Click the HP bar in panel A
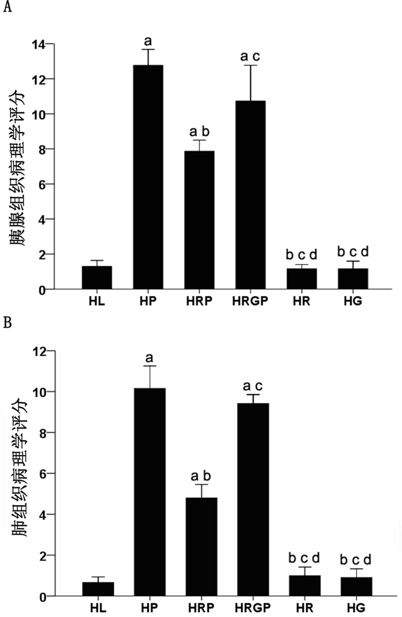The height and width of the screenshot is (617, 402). pyautogui.click(x=148, y=177)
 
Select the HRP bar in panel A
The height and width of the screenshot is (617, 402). pyautogui.click(x=199, y=220)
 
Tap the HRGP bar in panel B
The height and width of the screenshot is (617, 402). pyautogui.click(x=253, y=499)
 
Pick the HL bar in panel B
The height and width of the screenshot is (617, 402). pyautogui.click(x=98, y=589)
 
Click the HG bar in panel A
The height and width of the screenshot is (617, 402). pyautogui.click(x=353, y=279)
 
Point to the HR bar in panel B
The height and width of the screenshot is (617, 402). pyautogui.click(x=305, y=586)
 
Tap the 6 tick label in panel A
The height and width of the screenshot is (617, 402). pyautogui.click(x=41, y=184)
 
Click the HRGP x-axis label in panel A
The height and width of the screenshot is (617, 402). pyautogui.click(x=250, y=301)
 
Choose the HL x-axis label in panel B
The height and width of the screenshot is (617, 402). pyautogui.click(x=98, y=608)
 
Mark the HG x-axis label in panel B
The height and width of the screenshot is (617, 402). pyautogui.click(x=356, y=608)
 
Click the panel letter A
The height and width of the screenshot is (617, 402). pyautogui.click(x=7, y=7)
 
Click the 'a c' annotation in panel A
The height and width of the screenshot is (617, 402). pyautogui.click(x=250, y=57)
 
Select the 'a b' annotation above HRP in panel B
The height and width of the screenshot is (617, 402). pyautogui.click(x=201, y=476)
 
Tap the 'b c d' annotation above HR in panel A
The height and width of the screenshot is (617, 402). pyautogui.click(x=302, y=255)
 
